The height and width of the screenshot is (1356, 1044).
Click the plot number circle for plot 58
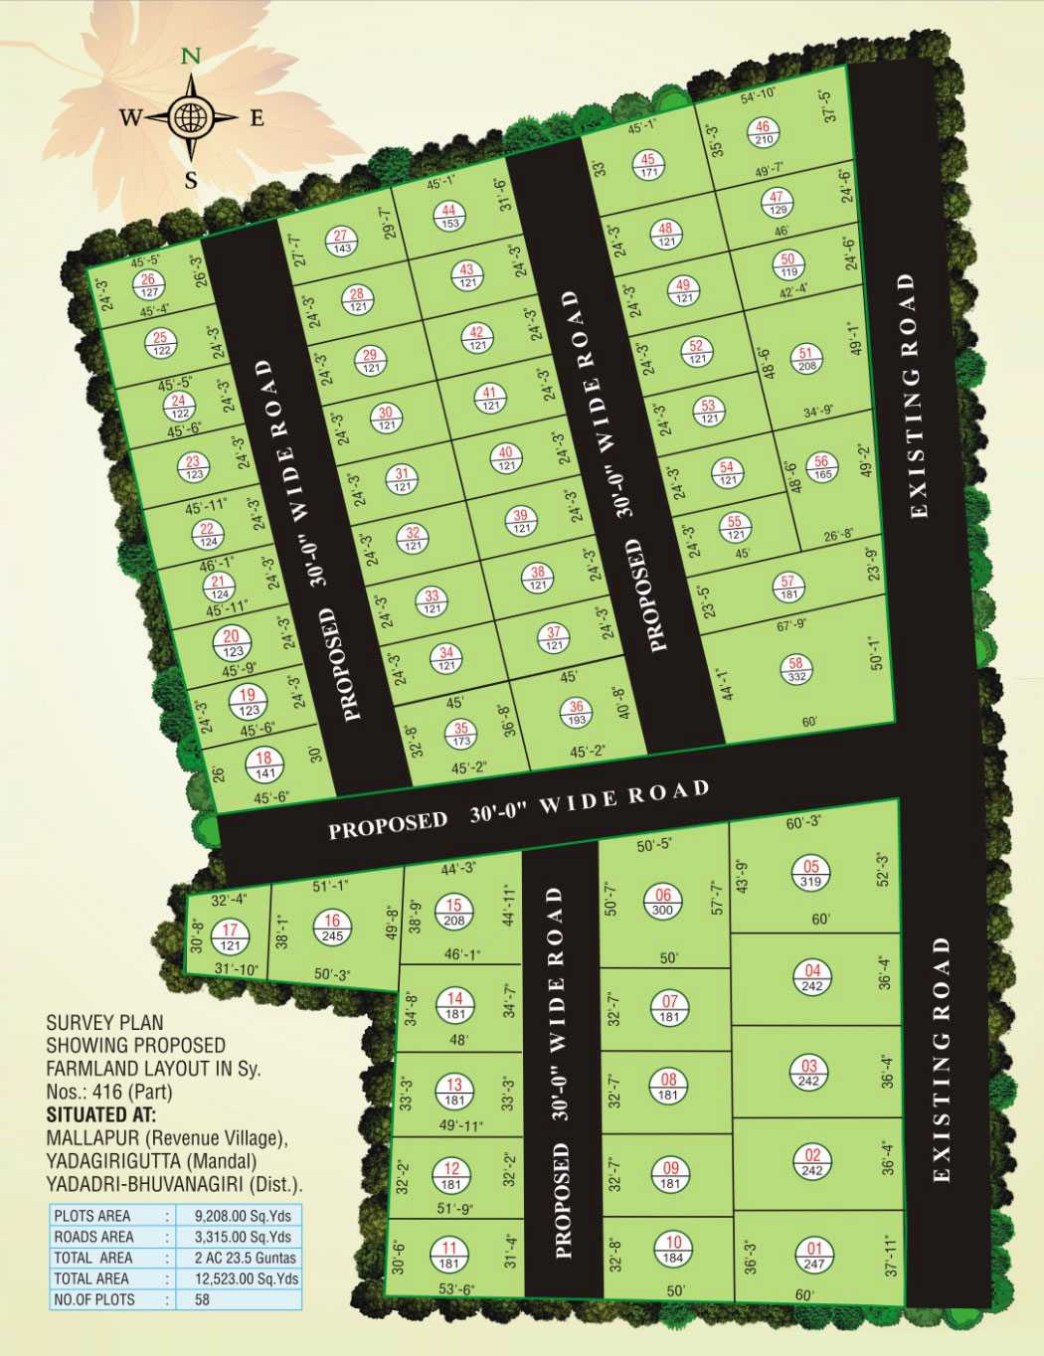click(x=795, y=668)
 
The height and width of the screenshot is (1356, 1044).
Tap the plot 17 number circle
click(x=230, y=936)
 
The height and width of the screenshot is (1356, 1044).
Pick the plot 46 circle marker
click(x=764, y=133)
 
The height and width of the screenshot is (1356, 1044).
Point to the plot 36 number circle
click(x=577, y=712)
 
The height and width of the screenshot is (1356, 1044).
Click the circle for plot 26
click(x=149, y=285)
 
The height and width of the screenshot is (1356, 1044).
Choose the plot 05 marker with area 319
click(x=811, y=874)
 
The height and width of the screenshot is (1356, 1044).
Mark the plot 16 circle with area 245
click(x=332, y=928)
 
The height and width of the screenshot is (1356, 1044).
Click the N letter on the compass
click(x=188, y=57)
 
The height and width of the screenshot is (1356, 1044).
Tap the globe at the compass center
click(x=188, y=118)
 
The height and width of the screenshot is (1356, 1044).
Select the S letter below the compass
click(x=191, y=180)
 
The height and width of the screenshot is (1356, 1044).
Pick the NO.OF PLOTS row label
click(x=94, y=1299)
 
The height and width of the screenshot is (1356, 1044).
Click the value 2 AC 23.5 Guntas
click(x=238, y=1258)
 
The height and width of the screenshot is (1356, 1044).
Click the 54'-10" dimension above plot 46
click(x=759, y=93)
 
